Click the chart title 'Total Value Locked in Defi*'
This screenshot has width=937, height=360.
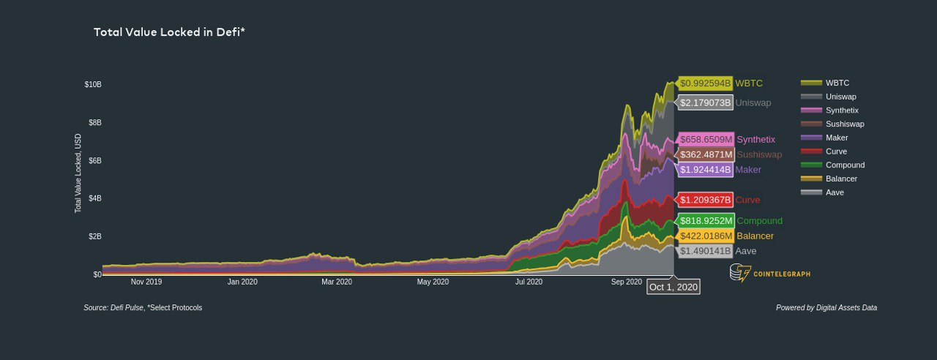coord(169,32)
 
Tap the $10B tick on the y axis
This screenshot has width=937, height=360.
coord(93,85)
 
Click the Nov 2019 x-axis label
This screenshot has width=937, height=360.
coord(146,282)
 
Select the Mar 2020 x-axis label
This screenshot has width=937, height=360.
coord(337,282)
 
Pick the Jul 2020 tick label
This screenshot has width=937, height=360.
coord(529,282)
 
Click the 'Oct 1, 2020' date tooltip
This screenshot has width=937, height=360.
coord(673,287)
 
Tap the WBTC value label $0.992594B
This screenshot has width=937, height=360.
coord(706,83)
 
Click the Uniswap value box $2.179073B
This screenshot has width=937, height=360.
coord(706,102)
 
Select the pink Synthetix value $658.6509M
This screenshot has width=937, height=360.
coord(706,139)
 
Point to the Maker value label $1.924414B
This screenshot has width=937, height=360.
coord(706,170)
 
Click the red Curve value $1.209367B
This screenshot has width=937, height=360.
coord(706,200)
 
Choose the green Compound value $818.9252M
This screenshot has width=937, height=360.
coord(706,221)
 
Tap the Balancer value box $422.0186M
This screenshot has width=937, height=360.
coord(706,236)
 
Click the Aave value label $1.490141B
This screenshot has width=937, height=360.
coord(706,251)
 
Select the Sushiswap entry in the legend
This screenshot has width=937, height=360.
coord(844,124)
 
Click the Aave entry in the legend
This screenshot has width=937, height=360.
coord(834,192)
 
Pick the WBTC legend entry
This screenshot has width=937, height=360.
coord(837,83)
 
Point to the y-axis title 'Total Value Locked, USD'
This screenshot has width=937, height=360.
coord(78,173)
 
